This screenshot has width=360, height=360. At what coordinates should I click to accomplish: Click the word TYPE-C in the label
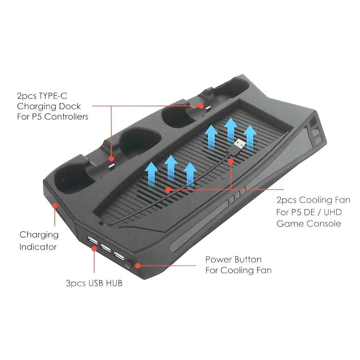pyautogui.click(x=53, y=96)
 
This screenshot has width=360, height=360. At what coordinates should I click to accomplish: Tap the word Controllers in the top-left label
pyautogui.click(x=66, y=117)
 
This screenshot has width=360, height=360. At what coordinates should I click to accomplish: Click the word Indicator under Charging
pyautogui.click(x=38, y=247)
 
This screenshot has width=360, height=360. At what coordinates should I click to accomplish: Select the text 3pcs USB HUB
pyautogui.click(x=94, y=283)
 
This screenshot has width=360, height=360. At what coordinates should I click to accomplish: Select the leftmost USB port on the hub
pyautogui.click(x=92, y=240)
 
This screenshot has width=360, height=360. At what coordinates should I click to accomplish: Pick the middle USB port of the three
pyautogui.click(x=106, y=248)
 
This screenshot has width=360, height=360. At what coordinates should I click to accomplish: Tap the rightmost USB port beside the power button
pyautogui.click(x=119, y=256)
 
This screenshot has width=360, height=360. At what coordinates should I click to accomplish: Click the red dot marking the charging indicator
pyautogui.click(x=55, y=205)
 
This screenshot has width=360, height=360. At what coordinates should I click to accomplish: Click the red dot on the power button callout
pyautogui.click(x=138, y=265)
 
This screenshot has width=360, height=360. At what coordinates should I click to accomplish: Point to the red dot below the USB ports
pyautogui.click(x=94, y=249)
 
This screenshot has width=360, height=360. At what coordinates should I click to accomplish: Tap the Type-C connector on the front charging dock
pyautogui.click(x=111, y=166)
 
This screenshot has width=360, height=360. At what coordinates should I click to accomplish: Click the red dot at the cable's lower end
pyautogui.click(x=168, y=189)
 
